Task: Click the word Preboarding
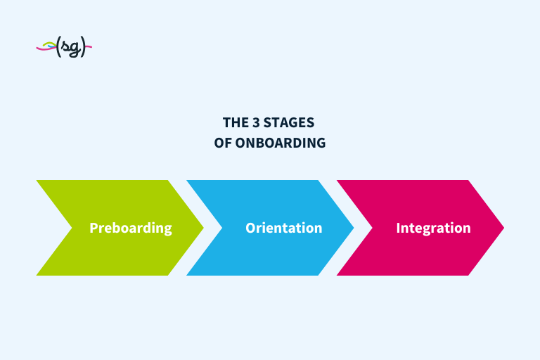pos(130,228)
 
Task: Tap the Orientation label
pos(283,228)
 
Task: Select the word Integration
pos(433,228)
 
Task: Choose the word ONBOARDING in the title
pos(280,143)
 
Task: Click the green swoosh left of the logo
pos(46,46)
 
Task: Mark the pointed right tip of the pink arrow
pos(503,228)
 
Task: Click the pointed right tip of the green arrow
pos(202,228)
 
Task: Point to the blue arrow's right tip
pos(353,228)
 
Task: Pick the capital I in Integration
pos(398,228)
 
